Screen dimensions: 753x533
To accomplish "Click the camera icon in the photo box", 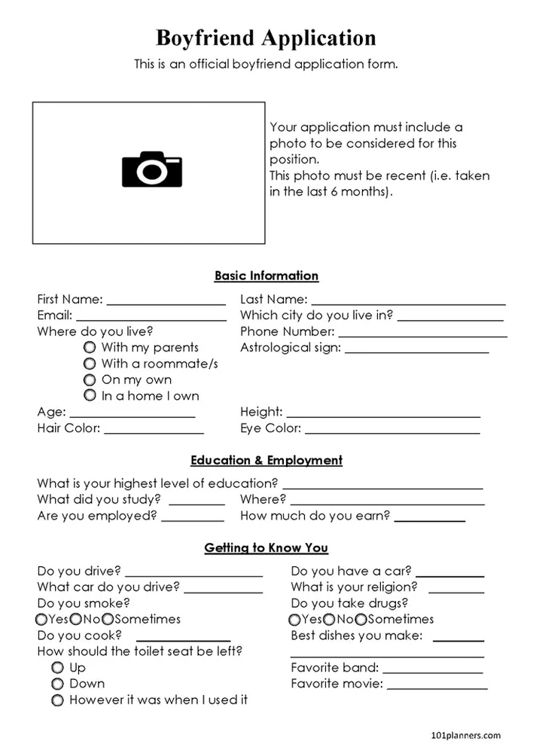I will (x=152, y=169).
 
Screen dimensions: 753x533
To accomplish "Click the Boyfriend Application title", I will (x=266, y=37).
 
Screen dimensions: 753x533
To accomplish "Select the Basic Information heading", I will (x=266, y=276).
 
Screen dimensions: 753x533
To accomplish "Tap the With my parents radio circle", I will (x=90, y=347).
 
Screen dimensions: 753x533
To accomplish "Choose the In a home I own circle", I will (x=90, y=395).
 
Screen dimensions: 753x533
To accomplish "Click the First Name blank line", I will (x=166, y=303).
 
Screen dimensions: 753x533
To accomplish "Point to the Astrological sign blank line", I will (x=416, y=352).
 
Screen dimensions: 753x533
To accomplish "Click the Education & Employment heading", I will (x=266, y=460).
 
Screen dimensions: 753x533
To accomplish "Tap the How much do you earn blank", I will (x=429, y=520).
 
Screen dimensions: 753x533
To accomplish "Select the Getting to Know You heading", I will (x=266, y=548).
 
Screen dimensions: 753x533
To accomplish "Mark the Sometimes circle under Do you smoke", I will (x=108, y=619).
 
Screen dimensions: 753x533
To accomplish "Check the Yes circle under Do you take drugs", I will (x=295, y=619).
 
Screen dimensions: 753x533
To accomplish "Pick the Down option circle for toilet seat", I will (x=57, y=684).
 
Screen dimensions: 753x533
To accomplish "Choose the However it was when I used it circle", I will (x=57, y=700).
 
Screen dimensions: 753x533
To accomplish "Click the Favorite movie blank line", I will (x=437, y=688).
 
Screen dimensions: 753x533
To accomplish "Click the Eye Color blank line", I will (x=392, y=432).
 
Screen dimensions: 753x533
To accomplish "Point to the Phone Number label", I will (x=287, y=331).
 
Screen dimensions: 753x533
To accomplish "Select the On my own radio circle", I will (x=90, y=380).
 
